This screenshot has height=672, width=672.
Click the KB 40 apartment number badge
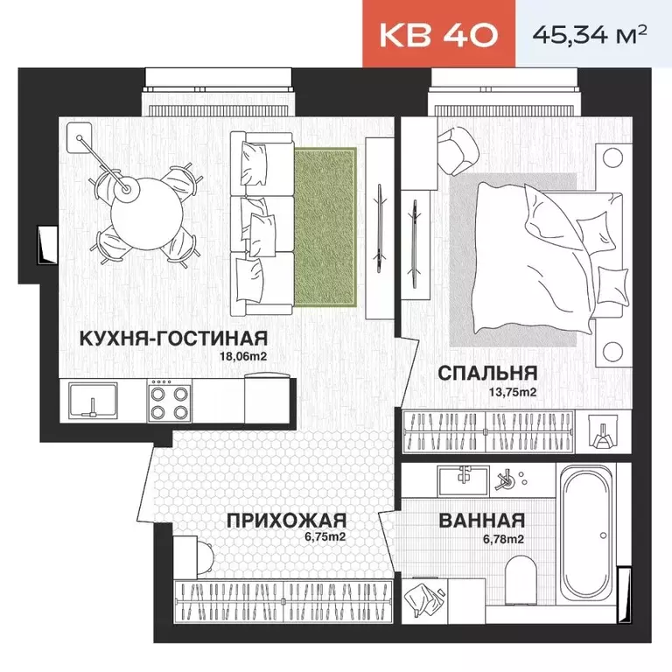click(438, 34)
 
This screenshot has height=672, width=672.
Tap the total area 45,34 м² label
click(590, 34)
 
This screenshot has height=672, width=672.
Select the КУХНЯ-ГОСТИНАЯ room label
click(173, 338)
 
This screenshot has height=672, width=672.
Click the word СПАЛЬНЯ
click(487, 373)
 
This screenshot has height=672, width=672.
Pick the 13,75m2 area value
click(513, 392)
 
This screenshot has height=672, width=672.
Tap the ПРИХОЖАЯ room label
click(286, 521)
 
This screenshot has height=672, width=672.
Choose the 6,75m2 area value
click(325, 536)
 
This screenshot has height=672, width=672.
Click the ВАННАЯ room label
click(482, 521)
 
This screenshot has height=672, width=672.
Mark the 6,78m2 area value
click(503, 539)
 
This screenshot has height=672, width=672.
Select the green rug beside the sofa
click(325, 227)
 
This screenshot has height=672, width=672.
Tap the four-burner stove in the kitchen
click(169, 401)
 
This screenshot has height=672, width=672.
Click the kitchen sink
click(93, 401)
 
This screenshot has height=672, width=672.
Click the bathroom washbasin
click(463, 479)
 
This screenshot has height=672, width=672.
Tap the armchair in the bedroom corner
click(458, 150)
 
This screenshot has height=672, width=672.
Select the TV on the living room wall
click(380, 228)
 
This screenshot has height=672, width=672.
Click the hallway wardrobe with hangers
click(283, 602)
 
